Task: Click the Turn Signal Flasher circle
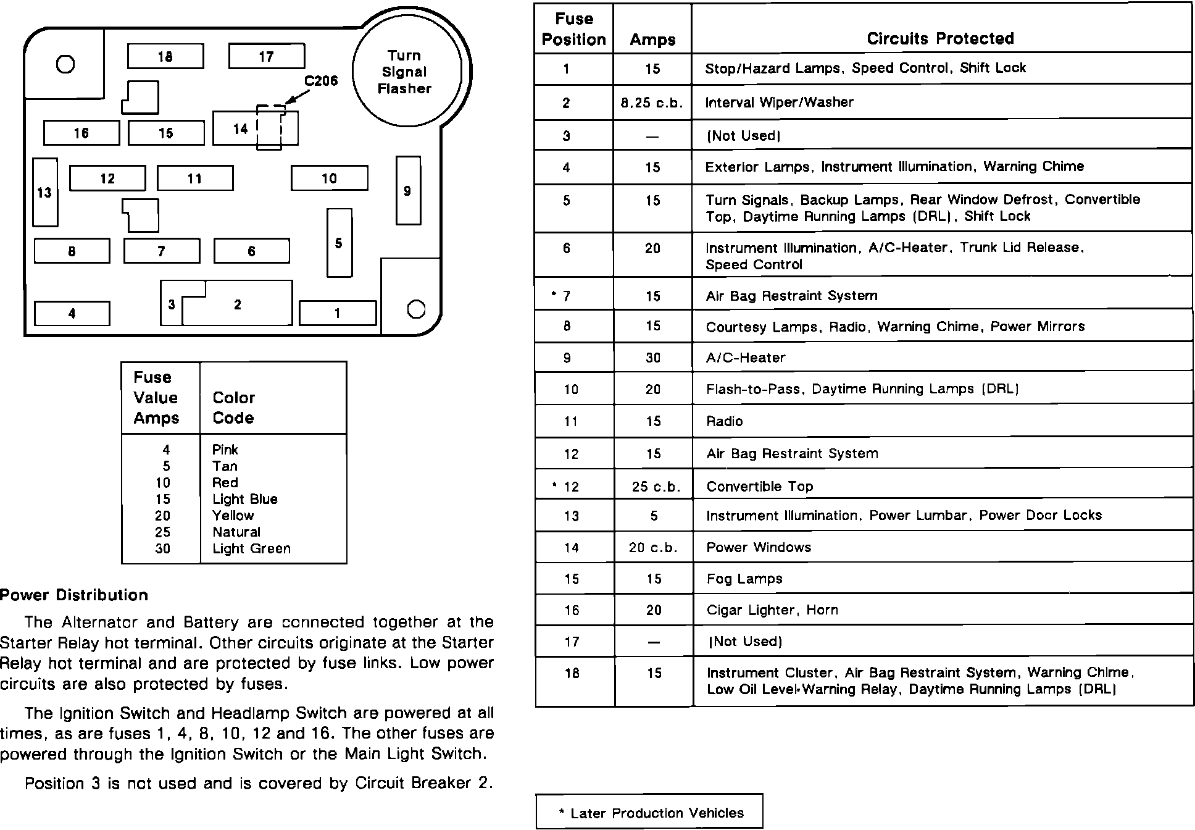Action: (x=406, y=72)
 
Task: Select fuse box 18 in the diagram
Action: (x=165, y=56)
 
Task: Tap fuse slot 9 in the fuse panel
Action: (x=407, y=191)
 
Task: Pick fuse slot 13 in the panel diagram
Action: (x=45, y=193)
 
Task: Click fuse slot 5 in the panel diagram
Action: (x=339, y=243)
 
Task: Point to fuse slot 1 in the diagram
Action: (x=337, y=313)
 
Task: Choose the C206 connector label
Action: (x=321, y=81)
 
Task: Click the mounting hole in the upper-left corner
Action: (x=65, y=64)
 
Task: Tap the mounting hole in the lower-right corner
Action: (x=417, y=309)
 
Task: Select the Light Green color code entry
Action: (x=251, y=548)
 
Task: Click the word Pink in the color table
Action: (x=225, y=450)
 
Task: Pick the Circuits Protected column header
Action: (x=940, y=38)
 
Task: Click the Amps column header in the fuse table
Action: (x=652, y=40)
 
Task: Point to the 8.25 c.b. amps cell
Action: (x=652, y=103)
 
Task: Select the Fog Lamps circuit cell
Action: (x=744, y=579)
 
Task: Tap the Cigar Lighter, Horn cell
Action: (x=772, y=610)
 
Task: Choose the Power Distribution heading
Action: (x=74, y=595)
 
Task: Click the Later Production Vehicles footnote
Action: (x=651, y=813)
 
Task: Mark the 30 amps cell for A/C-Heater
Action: (x=653, y=358)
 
